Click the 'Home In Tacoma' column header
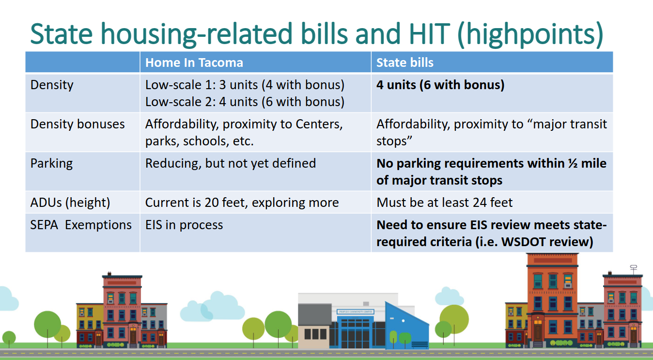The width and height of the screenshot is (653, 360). click(x=194, y=63)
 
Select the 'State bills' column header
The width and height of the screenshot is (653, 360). click(x=405, y=63)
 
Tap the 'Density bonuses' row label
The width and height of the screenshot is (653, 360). click(x=78, y=124)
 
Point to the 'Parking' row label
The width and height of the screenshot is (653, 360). click(x=52, y=164)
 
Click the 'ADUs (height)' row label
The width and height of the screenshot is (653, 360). click(x=70, y=203)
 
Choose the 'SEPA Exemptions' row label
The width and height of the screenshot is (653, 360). click(x=81, y=225)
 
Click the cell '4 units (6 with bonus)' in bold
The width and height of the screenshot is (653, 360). click(x=440, y=85)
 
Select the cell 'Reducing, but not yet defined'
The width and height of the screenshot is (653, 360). click(x=231, y=164)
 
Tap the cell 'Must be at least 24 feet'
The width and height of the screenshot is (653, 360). click(x=445, y=203)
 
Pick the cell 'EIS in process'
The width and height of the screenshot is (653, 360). click(x=184, y=225)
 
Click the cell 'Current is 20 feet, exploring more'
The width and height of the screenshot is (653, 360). click(x=242, y=203)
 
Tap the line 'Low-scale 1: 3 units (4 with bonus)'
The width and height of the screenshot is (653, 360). click(x=245, y=85)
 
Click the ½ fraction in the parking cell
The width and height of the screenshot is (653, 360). click(x=573, y=163)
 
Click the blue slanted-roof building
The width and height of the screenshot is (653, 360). click(x=406, y=327)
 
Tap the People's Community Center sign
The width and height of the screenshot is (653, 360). click(x=356, y=312)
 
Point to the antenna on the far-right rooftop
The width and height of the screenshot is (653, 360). click(x=634, y=269)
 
